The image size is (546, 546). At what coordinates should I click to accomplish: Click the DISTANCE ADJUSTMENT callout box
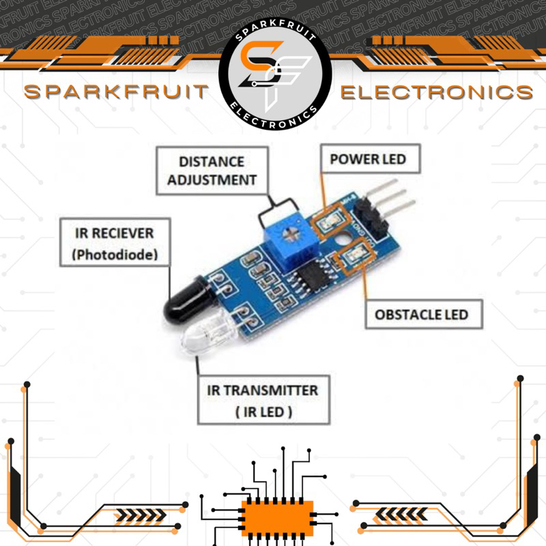point(212,171)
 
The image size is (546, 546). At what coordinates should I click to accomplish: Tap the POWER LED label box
point(368,160)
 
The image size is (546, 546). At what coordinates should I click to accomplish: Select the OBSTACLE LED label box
point(421,315)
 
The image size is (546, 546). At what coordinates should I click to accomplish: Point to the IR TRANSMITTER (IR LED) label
point(263,401)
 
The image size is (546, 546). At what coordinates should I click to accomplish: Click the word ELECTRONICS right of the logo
point(437,93)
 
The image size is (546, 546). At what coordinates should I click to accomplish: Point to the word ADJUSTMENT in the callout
point(212,180)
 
